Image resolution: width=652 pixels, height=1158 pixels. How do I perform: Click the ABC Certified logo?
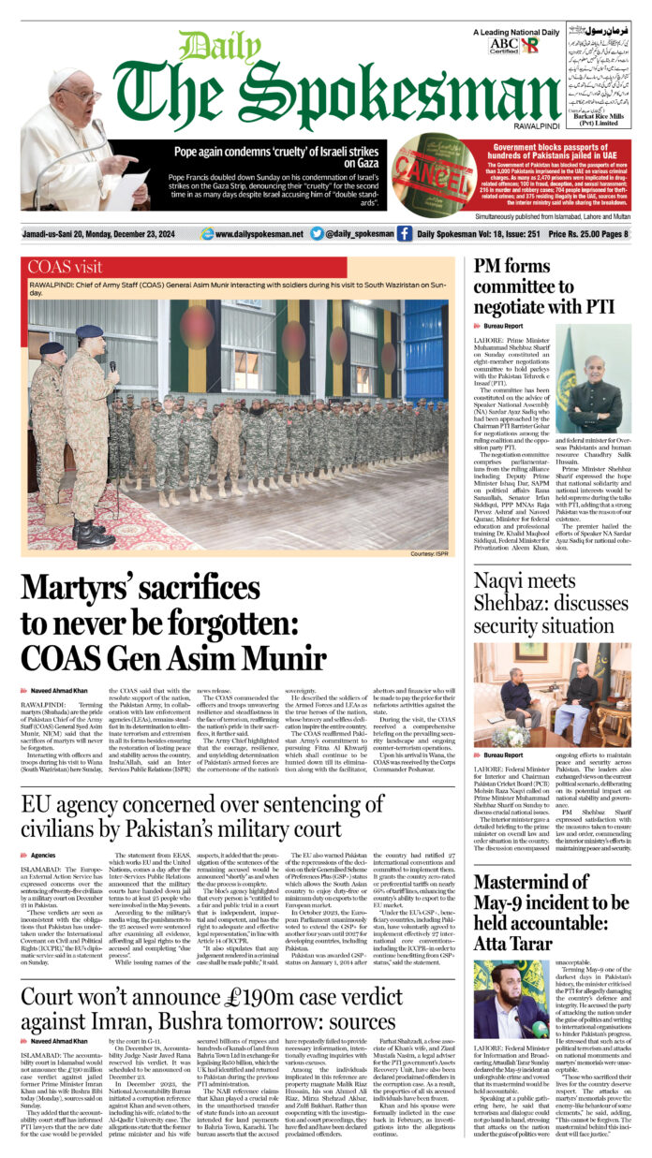(502, 45)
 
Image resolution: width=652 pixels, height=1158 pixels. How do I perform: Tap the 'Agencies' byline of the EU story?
(43, 854)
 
